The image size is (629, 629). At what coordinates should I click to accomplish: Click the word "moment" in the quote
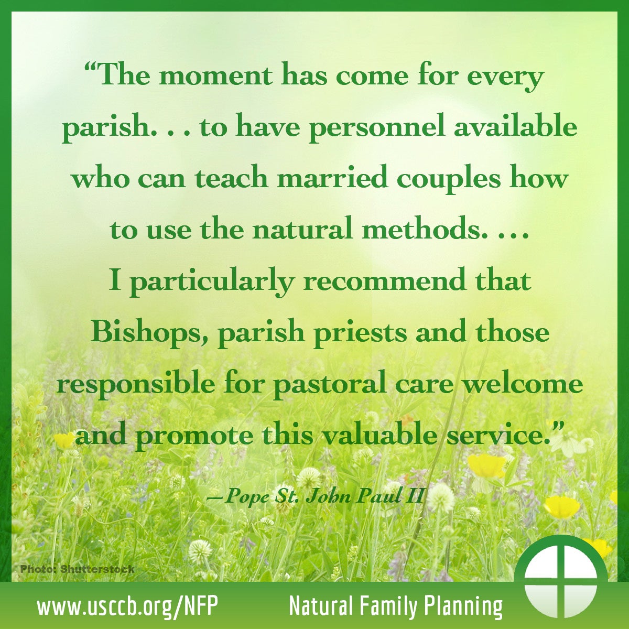[x=216, y=76]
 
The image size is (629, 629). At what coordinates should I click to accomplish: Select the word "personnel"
[x=377, y=128]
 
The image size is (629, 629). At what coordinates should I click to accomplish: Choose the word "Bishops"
[x=149, y=333]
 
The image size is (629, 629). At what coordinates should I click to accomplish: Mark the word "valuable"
[x=374, y=436]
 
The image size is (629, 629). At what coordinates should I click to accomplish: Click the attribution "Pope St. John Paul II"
[x=316, y=497]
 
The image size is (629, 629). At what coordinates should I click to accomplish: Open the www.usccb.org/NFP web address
[x=127, y=606]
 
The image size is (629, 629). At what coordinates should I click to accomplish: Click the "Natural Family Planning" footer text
[x=396, y=606]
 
